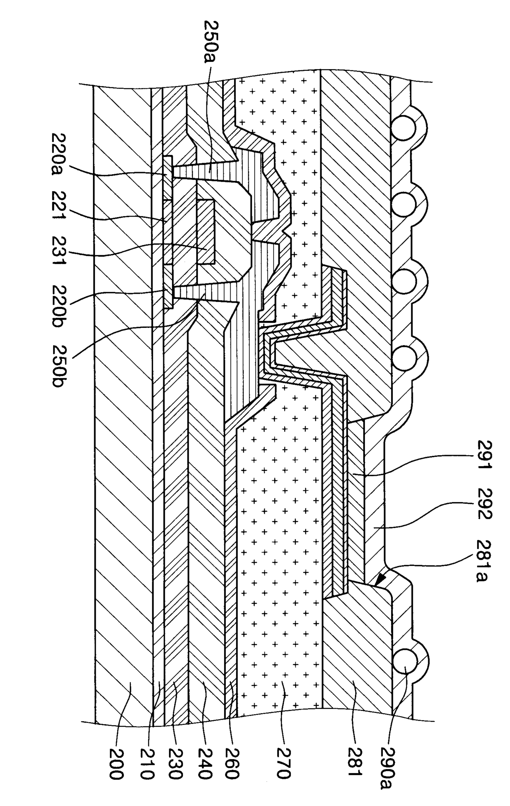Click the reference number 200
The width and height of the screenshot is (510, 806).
tap(117, 763)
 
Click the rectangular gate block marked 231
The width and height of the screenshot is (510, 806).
tap(206, 231)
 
